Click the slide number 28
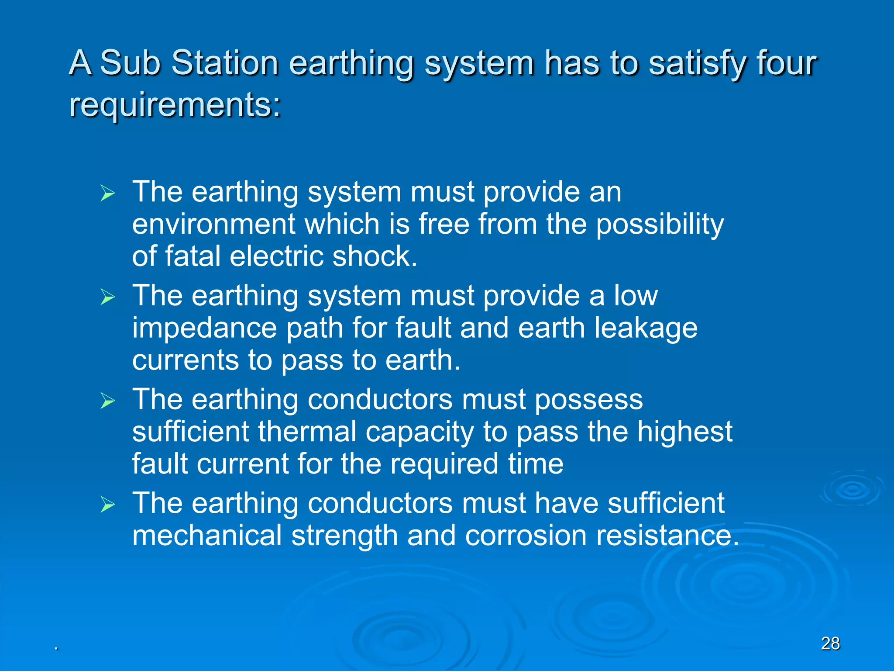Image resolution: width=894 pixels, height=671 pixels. click(830, 643)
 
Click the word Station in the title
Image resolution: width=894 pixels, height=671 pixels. click(225, 62)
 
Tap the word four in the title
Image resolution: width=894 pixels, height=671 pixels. click(786, 62)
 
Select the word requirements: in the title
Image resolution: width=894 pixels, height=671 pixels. click(175, 105)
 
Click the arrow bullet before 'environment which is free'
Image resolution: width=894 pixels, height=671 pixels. click(107, 193)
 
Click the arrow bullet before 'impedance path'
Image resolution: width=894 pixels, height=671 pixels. click(107, 297)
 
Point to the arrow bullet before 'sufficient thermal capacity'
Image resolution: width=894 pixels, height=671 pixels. click(107, 401)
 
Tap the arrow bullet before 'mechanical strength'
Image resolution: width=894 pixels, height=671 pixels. click(107, 505)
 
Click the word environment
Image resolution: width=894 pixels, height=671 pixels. click(213, 224)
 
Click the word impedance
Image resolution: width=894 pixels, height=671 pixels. click(204, 329)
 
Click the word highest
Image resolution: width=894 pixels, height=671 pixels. click(684, 432)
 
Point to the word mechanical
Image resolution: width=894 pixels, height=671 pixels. click(207, 536)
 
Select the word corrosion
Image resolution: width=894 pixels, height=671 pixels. click(526, 536)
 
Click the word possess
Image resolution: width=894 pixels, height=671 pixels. click(588, 400)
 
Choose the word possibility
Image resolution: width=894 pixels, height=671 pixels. click(660, 225)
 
